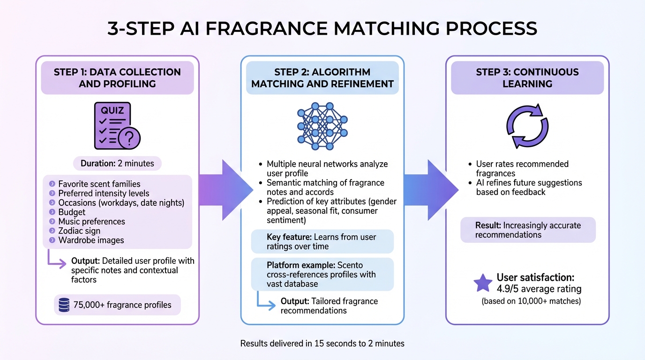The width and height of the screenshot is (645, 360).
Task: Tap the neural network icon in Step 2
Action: (x=322, y=126)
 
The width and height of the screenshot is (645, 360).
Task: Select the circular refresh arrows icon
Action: (x=527, y=126)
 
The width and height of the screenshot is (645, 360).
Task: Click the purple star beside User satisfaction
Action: (x=482, y=283)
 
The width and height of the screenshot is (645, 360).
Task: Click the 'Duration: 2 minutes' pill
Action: (x=117, y=164)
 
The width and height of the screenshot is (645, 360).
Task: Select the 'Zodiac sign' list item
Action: (x=79, y=231)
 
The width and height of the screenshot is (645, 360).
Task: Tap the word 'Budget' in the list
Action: (x=72, y=212)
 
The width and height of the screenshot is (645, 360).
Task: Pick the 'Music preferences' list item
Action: (x=91, y=221)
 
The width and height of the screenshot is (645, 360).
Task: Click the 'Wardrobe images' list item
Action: (x=91, y=240)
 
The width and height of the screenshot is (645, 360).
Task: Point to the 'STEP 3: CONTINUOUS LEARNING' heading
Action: (x=527, y=78)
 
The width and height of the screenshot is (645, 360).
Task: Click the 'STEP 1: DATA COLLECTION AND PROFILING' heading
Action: (x=117, y=78)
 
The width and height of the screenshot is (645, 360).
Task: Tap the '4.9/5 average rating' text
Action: (x=539, y=289)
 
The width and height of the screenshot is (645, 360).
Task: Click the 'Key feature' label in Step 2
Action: (x=286, y=237)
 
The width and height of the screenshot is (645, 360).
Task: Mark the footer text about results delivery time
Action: (x=322, y=344)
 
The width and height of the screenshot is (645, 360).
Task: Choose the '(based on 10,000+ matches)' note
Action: (x=531, y=301)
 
